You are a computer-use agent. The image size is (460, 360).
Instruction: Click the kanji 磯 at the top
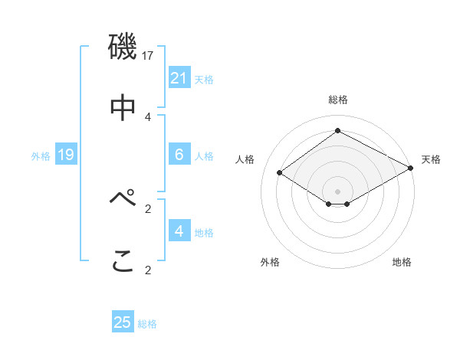(x=122, y=47)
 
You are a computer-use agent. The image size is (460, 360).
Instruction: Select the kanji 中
(x=123, y=108)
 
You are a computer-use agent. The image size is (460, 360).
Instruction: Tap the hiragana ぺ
(x=123, y=198)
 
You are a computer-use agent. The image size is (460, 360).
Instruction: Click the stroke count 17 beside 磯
(x=149, y=55)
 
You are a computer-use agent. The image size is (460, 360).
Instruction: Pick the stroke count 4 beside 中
(x=148, y=116)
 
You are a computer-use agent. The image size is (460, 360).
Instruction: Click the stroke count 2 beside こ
(x=148, y=270)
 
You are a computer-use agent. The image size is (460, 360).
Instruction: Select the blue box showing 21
(x=179, y=77)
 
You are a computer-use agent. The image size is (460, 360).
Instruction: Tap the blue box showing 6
(x=179, y=155)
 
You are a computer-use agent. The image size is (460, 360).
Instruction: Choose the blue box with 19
(x=66, y=155)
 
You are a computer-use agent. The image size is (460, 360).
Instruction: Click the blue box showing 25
(x=123, y=322)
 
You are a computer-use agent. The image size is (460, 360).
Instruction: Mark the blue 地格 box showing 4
(x=179, y=231)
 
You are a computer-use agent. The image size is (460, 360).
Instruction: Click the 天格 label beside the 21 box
(x=204, y=79)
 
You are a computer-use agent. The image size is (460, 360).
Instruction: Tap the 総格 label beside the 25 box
(x=147, y=324)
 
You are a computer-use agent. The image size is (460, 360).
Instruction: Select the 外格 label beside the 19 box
(x=41, y=156)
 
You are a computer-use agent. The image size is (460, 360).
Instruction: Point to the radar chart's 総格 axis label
(x=337, y=100)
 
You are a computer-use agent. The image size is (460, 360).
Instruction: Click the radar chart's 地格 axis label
(x=402, y=263)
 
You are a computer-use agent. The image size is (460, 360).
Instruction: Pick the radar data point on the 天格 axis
(x=411, y=168)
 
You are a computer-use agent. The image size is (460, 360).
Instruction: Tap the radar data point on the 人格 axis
(x=280, y=172)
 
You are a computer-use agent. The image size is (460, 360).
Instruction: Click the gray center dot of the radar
(x=337, y=191)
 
